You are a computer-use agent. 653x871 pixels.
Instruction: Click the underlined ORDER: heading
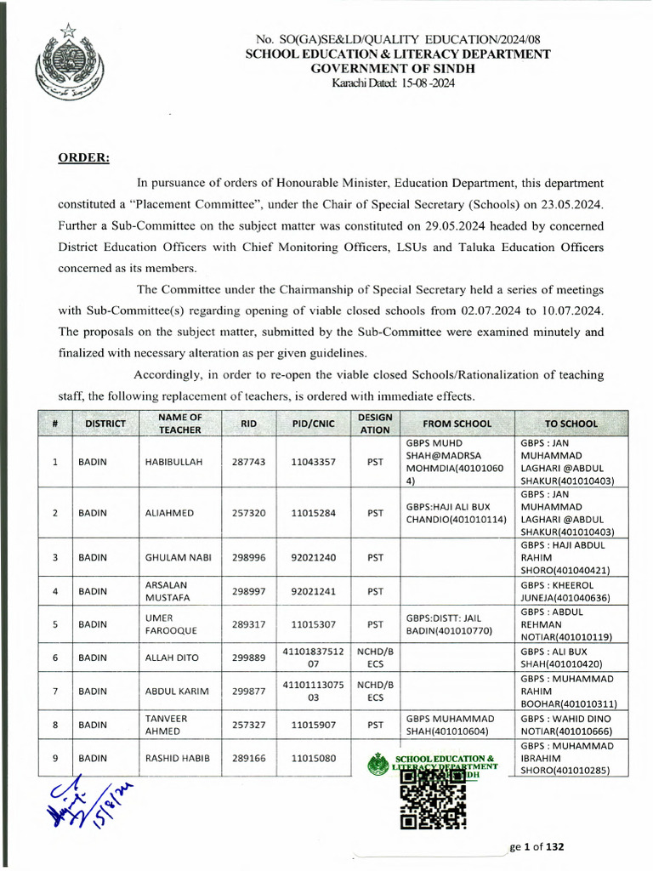[x=83, y=157]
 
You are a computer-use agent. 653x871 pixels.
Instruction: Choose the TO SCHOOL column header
[x=571, y=423]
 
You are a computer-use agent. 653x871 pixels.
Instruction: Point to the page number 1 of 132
[x=537, y=847]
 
